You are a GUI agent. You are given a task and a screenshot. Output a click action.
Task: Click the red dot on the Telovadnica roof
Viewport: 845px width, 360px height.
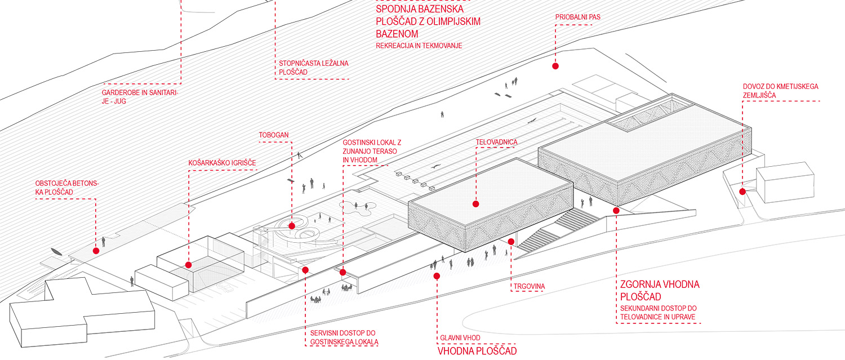click(475, 204)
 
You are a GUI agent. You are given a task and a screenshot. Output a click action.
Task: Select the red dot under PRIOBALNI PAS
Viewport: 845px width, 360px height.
click(555, 66)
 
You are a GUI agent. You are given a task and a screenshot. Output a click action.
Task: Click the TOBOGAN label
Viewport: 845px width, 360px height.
click(274, 136)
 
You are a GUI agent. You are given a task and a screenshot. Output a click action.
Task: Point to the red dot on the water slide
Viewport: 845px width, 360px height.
click(292, 226)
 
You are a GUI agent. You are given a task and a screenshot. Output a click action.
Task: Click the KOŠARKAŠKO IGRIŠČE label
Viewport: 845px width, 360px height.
click(222, 163)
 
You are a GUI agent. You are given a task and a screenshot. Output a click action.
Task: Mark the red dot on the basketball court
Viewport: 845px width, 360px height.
click(188, 264)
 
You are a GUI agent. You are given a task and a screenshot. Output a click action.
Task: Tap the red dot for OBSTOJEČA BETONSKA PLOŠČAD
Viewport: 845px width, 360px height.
click(96, 250)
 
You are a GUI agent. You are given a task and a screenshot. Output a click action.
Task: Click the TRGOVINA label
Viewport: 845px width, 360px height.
click(529, 286)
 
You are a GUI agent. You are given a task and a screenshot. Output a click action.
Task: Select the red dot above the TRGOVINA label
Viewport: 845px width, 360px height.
click(511, 242)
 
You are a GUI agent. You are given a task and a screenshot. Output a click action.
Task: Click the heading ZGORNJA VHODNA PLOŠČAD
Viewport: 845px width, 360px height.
click(659, 291)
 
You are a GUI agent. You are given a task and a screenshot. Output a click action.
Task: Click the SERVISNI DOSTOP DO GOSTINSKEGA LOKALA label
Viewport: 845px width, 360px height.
click(344, 337)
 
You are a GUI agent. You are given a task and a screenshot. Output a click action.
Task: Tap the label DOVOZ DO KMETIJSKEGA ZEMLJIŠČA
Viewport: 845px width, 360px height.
click(780, 91)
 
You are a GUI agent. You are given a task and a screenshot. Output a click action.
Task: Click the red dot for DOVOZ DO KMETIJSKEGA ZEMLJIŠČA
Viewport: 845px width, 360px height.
click(742, 192)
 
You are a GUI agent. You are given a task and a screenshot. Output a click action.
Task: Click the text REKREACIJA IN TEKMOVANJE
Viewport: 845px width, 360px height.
click(419, 45)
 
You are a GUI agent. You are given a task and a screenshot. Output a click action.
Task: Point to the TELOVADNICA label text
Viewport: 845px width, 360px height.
click(496, 143)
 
